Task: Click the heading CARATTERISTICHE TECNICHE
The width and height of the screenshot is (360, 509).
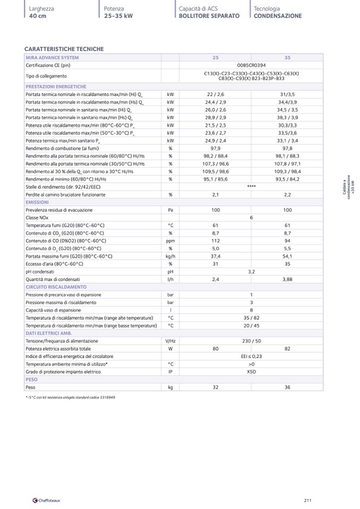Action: [64, 49]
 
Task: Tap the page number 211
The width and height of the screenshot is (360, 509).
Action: [307, 500]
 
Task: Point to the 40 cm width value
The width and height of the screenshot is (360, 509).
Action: [38, 16]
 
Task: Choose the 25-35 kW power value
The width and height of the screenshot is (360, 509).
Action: [118, 16]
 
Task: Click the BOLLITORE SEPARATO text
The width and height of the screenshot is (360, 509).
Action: [209, 16]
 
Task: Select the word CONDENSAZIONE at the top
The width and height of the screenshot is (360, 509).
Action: [278, 16]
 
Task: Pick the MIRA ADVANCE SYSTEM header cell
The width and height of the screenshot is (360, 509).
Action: [52, 57]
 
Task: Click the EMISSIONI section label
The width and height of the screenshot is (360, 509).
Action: [37, 202]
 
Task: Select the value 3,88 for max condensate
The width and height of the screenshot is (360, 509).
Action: [287, 279]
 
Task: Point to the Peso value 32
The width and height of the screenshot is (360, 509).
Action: [216, 387]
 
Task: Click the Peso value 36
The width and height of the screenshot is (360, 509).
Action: [287, 387]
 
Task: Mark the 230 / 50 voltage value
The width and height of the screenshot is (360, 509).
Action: [251, 341]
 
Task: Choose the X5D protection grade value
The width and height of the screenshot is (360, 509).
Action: [251, 372]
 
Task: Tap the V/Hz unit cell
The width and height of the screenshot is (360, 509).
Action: [170, 341]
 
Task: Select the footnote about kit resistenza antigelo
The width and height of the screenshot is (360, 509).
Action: [70, 397]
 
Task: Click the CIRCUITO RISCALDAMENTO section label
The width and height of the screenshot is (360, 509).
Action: [56, 287]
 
